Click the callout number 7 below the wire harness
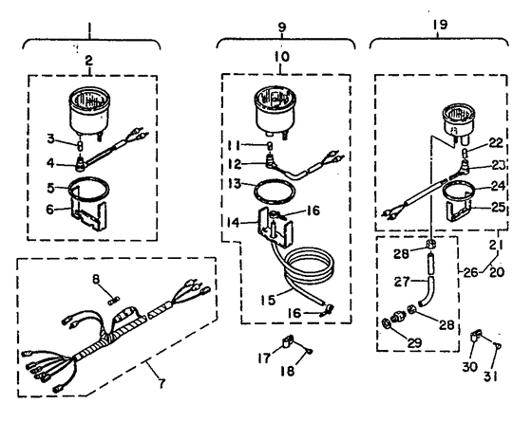[x=161, y=383]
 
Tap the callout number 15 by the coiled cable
[x=268, y=300]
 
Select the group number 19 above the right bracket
[x=440, y=25]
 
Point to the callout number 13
[x=235, y=184]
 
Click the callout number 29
[x=414, y=343]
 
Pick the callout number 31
[x=490, y=376]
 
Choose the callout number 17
[x=264, y=358]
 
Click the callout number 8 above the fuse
[x=96, y=280]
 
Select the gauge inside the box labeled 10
[x=275, y=111]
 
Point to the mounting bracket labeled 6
[x=89, y=216]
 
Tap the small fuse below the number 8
[x=113, y=302]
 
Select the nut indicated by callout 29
[x=386, y=323]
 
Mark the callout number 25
[x=498, y=207]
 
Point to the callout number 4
[x=50, y=163]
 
